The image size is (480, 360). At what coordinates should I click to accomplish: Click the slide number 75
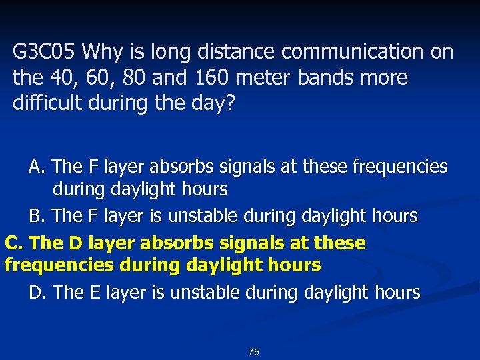(x=253, y=352)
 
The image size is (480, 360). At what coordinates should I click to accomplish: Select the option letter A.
(x=35, y=166)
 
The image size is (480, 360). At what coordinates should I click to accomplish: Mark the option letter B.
(x=35, y=216)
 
